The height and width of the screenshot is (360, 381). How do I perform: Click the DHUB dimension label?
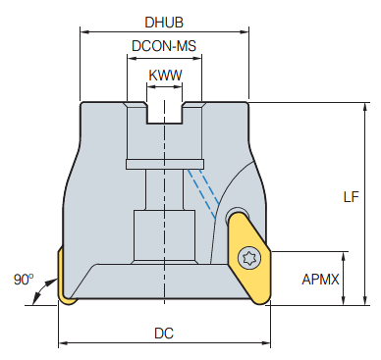point(164,23)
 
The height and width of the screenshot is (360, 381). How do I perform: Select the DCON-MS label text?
point(164,46)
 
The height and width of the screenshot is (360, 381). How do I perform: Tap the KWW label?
point(165,76)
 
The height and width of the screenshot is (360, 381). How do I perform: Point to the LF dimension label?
point(351,197)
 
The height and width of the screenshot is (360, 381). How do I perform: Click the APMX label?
point(320,280)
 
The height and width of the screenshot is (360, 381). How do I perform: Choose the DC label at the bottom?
point(164,334)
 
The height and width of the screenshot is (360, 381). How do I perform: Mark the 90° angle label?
point(24,280)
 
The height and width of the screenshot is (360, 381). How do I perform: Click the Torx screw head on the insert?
point(250,258)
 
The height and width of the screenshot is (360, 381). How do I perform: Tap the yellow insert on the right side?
point(248,258)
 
